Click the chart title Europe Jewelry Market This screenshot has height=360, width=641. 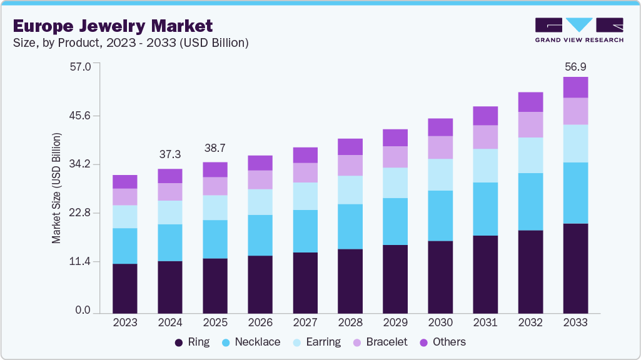(x=113, y=26)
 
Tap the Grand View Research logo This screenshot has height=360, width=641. (x=579, y=29)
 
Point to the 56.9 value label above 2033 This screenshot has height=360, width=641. (x=575, y=67)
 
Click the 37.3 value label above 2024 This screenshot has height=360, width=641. (x=169, y=154)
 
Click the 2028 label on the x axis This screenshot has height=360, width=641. (x=350, y=322)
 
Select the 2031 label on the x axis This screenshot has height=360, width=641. (x=485, y=322)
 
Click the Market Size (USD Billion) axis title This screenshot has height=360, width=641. (x=56, y=188)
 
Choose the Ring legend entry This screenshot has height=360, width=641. (x=191, y=342)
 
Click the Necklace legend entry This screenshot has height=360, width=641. (x=250, y=342)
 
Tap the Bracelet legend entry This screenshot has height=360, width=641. (x=380, y=342)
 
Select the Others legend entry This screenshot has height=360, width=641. (x=442, y=342)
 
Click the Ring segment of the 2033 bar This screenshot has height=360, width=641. (x=575, y=268)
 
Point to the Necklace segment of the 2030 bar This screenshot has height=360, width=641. (x=440, y=216)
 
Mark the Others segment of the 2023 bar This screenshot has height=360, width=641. (x=125, y=182)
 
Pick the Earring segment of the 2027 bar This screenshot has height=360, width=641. (x=305, y=196)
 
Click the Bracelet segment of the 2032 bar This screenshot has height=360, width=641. (x=530, y=124)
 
